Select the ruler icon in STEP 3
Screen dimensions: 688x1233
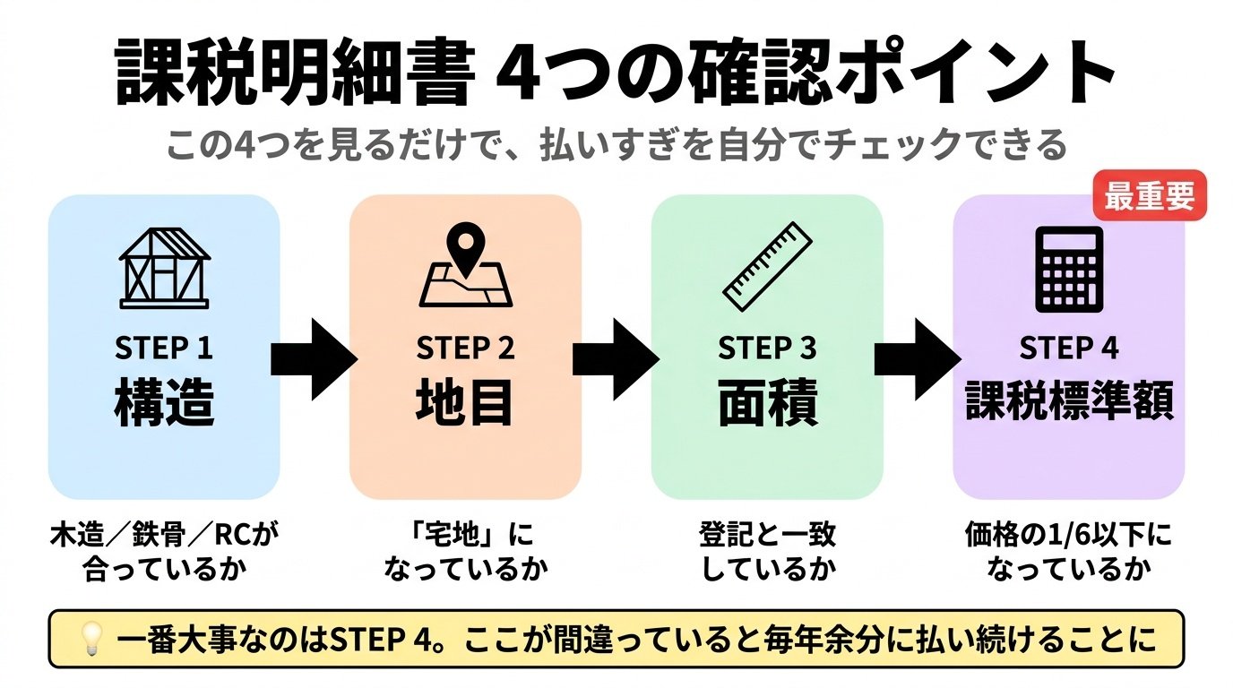[767, 265]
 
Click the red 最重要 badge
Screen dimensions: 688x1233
[1150, 197]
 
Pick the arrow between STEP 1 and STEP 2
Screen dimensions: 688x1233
[313, 358]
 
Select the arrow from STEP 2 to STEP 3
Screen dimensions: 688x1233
[615, 358]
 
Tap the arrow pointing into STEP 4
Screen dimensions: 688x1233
[916, 358]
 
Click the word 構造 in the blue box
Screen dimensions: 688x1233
[164, 404]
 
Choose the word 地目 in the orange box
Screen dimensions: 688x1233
[465, 404]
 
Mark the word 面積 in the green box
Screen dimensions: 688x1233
[767, 405]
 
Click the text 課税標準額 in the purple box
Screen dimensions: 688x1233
[1068, 403]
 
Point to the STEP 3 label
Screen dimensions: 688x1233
[767, 348]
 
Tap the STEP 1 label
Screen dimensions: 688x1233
[164, 348]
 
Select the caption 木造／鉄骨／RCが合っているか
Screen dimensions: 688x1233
[164, 552]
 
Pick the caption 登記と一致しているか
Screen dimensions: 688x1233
[767, 552]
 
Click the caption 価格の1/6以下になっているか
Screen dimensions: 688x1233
[1068, 552]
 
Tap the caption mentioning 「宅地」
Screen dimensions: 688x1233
[465, 552]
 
